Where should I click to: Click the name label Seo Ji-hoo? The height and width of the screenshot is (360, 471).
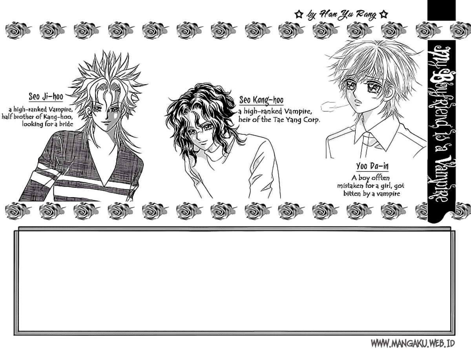click(46, 96)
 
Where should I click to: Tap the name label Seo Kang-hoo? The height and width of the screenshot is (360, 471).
click(261, 100)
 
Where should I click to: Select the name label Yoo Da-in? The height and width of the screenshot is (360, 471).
click(372, 166)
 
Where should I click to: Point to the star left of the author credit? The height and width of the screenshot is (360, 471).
click(298, 15)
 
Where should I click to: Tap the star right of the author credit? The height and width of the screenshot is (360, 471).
click(383, 15)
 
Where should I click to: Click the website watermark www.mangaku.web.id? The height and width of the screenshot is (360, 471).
click(413, 344)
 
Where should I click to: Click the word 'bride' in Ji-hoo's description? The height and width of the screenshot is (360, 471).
click(65, 124)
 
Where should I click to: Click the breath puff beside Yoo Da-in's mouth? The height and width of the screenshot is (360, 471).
click(331, 107)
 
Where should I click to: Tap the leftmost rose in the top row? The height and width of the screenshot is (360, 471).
click(18, 31)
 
